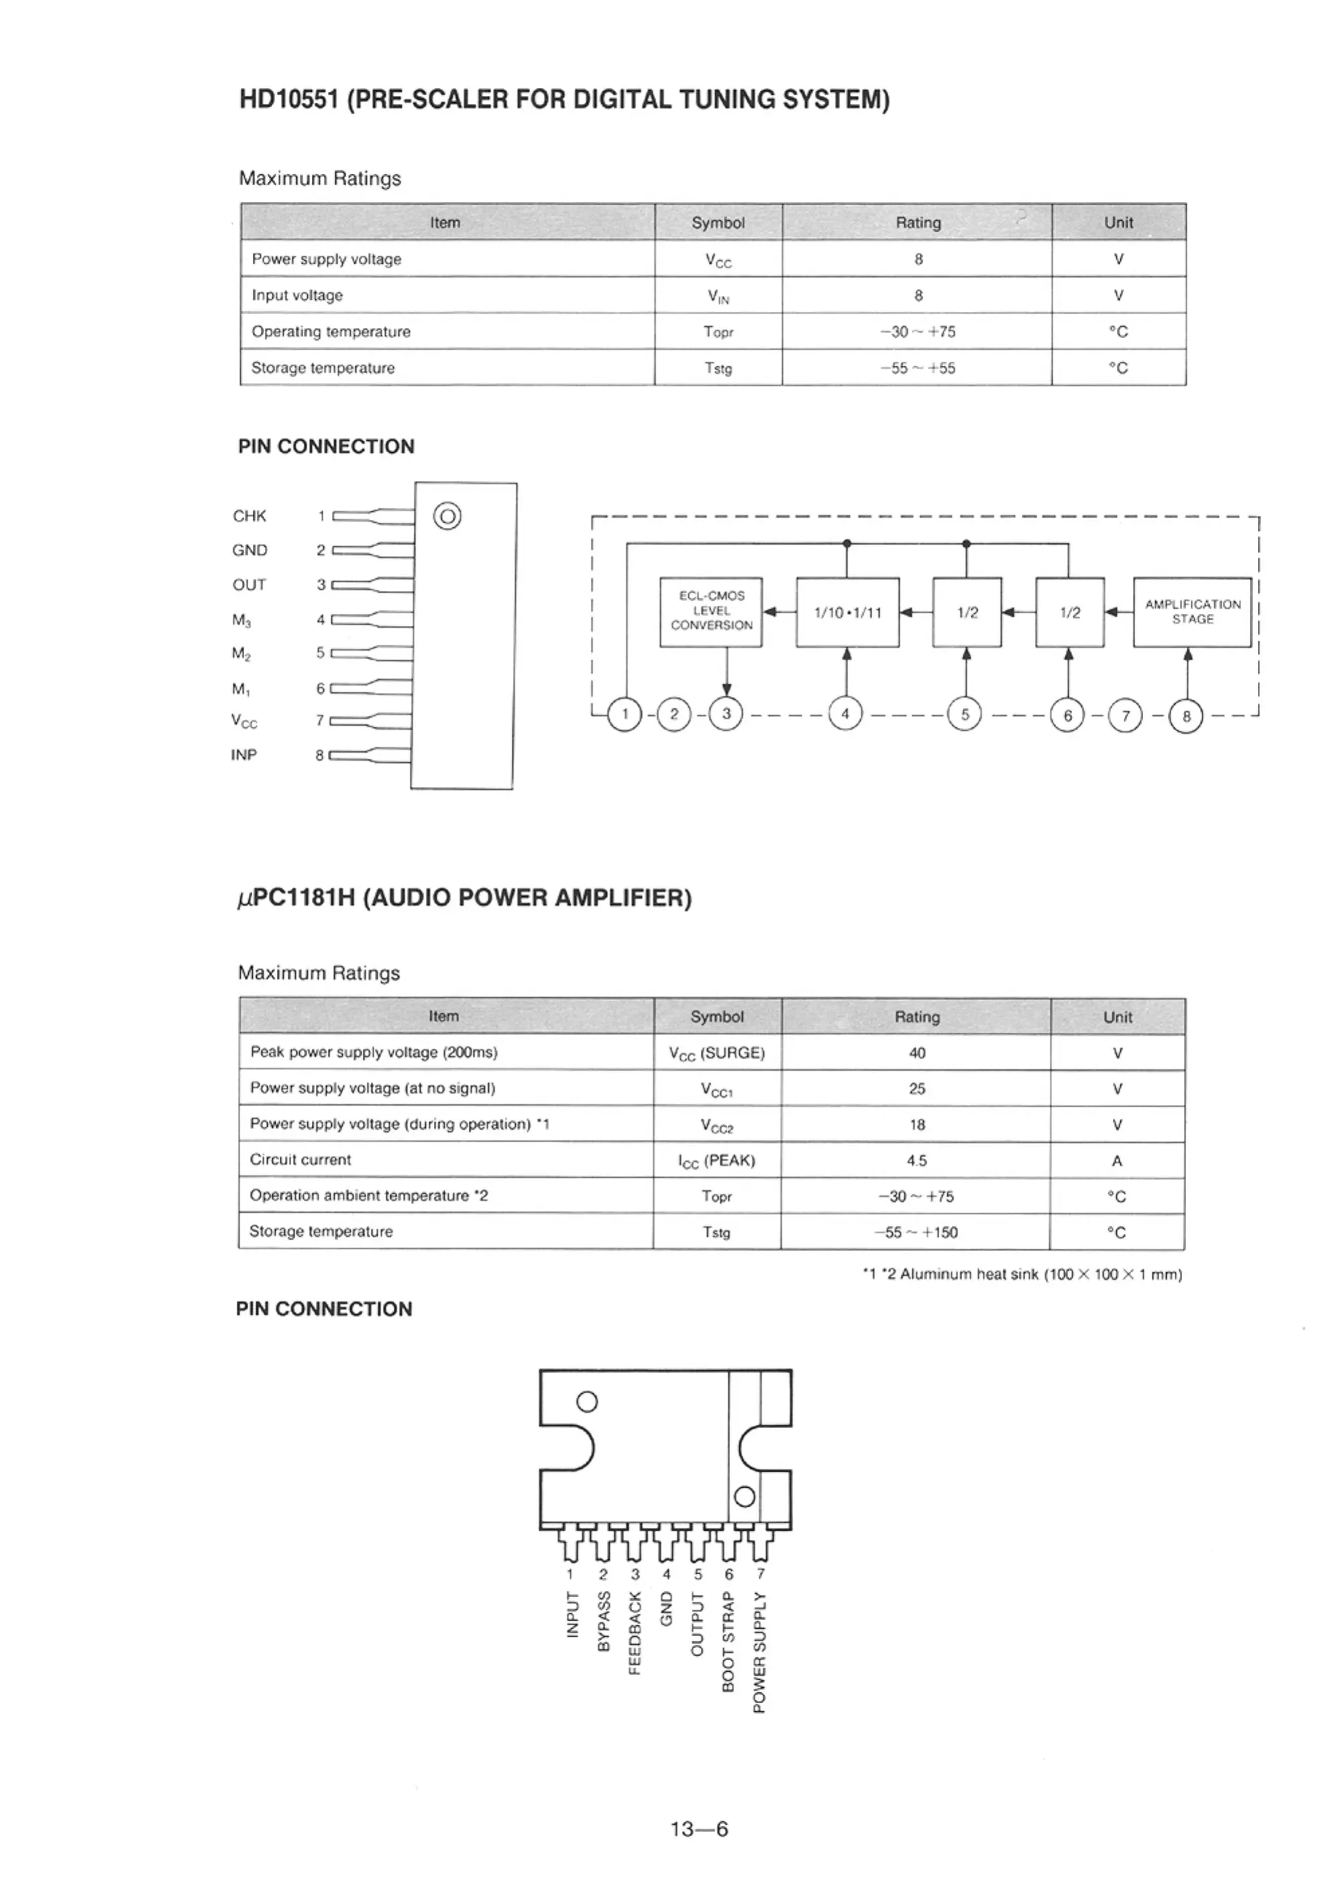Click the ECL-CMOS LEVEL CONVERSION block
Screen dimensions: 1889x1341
tap(711, 611)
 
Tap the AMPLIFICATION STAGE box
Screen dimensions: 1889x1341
tap(1192, 611)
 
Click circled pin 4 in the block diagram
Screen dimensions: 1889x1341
tap(845, 713)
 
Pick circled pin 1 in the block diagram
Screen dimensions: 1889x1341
tap(625, 714)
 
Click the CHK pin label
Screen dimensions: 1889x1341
tap(249, 517)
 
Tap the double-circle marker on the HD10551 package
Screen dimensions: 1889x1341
tap(447, 517)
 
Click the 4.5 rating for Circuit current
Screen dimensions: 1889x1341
tap(917, 1161)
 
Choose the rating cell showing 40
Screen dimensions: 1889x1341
tap(917, 1053)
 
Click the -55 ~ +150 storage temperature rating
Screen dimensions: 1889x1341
tap(917, 1232)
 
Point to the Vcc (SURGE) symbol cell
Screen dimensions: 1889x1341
tap(717, 1053)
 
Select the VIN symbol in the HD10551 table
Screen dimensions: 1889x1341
tap(718, 296)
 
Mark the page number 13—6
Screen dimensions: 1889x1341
tap(699, 1829)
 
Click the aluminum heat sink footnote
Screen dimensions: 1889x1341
tap(1023, 1275)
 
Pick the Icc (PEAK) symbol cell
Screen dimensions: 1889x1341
tap(717, 1161)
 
